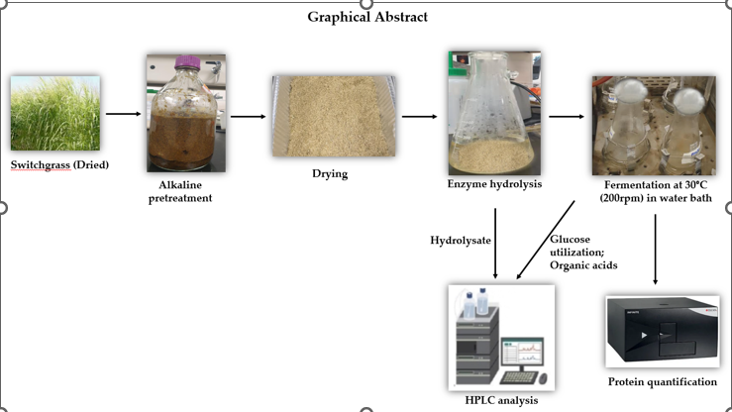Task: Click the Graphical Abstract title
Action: [366, 17]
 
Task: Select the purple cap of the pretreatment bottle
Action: [185, 62]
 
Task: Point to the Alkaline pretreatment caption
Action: [185, 190]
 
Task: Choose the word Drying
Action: [331, 175]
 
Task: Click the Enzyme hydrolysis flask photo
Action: [493, 112]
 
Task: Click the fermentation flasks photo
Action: [653, 126]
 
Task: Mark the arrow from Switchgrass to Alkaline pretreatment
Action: [123, 114]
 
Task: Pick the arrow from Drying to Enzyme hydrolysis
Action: [420, 116]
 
